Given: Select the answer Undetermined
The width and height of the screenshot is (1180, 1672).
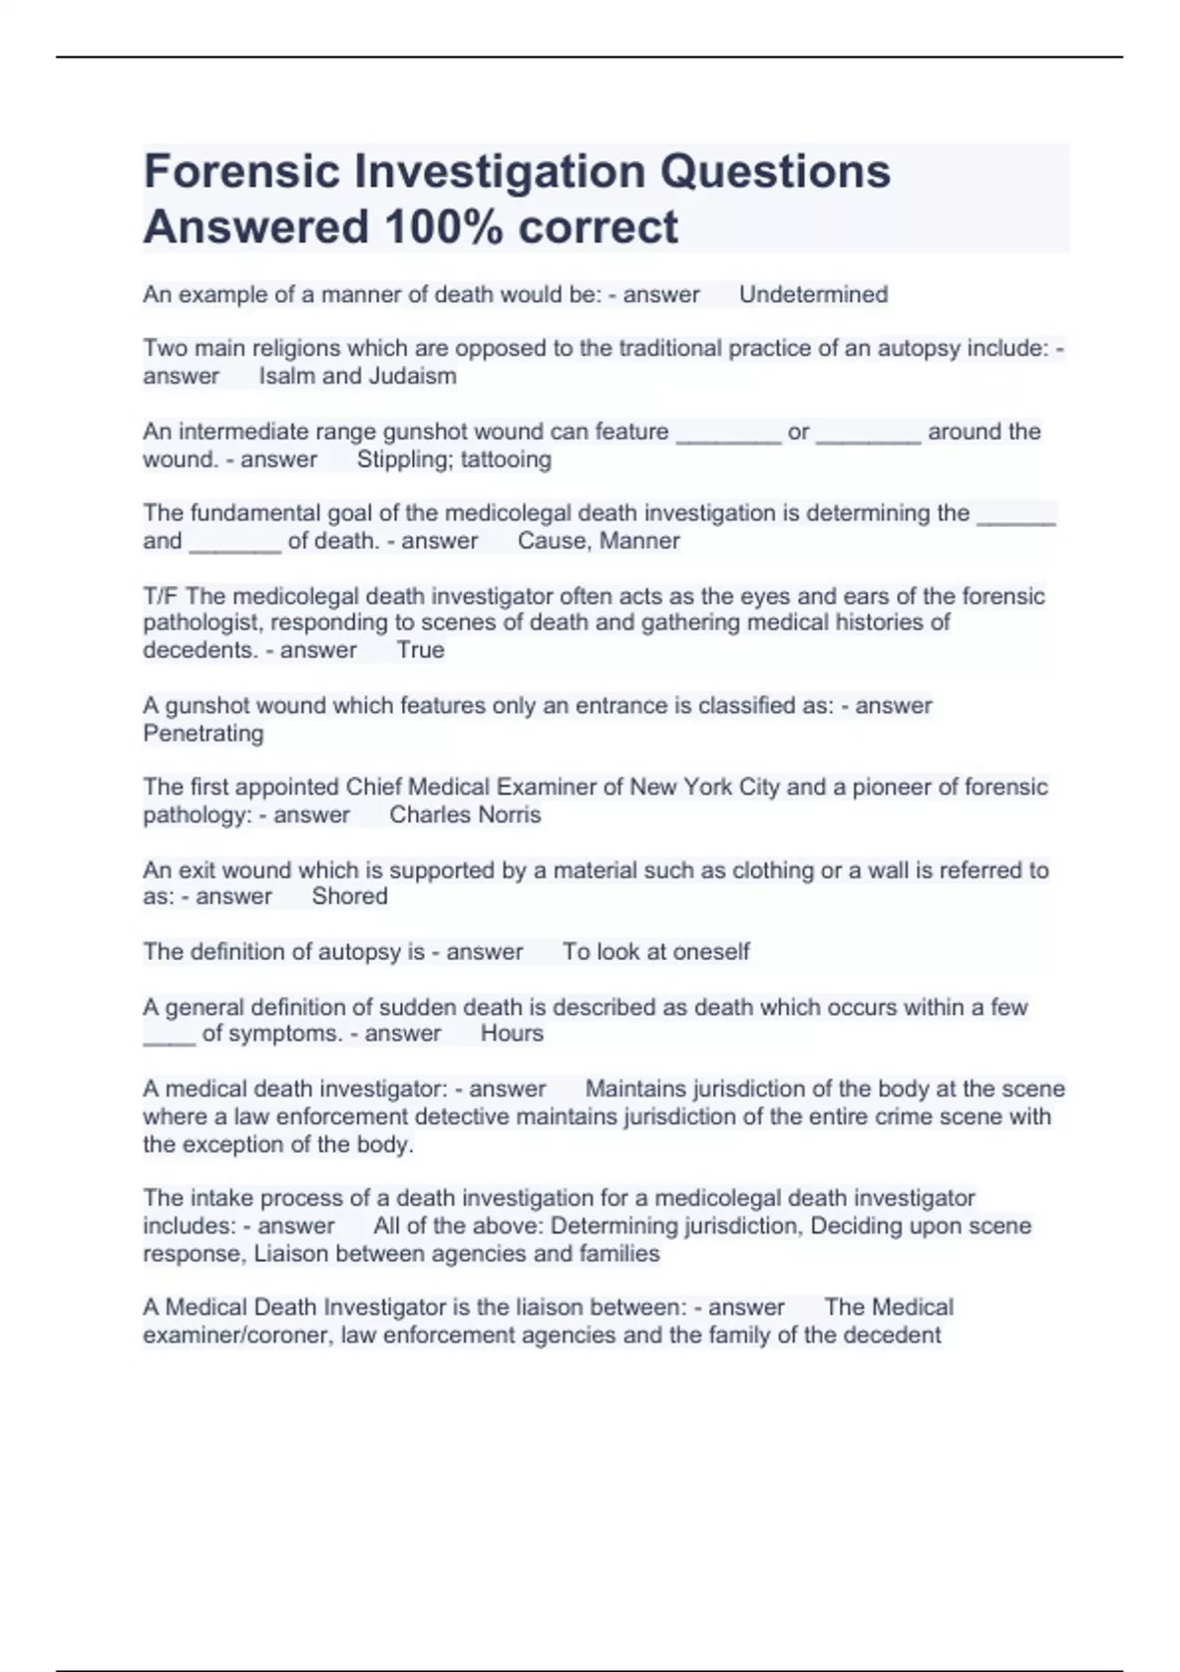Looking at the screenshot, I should pyautogui.click(x=813, y=294).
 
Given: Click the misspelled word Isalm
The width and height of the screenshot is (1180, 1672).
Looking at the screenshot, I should pyautogui.click(x=286, y=376).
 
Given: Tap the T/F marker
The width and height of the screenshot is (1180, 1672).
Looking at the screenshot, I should pyautogui.click(x=161, y=596).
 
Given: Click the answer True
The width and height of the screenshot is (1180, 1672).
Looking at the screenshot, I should pyautogui.click(x=421, y=650).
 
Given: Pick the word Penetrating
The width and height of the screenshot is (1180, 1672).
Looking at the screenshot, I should pyautogui.click(x=204, y=734).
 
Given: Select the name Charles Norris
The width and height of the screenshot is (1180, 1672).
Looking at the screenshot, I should pyautogui.click(x=465, y=814).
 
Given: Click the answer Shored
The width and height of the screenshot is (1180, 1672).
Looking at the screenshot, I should pyautogui.click(x=349, y=896).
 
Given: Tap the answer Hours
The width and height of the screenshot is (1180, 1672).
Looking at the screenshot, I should pyautogui.click(x=511, y=1033).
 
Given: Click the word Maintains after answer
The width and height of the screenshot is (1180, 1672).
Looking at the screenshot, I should pyautogui.click(x=635, y=1089).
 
